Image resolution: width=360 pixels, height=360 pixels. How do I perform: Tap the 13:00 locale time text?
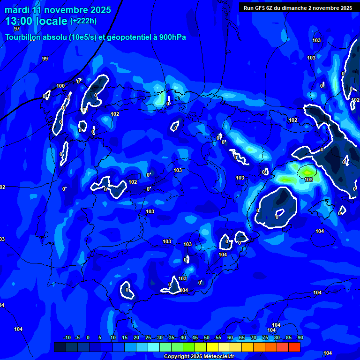[36, 21]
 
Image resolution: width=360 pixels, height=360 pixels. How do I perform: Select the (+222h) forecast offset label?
[83, 21]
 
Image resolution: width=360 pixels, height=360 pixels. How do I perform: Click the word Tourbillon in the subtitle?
[25, 37]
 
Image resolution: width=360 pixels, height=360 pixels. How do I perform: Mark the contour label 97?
[17, 29]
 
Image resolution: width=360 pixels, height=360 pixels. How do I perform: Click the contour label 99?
[45, 59]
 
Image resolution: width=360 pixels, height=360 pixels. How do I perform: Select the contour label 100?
[60, 86]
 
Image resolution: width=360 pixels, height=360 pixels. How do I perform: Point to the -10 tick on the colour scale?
[67, 338]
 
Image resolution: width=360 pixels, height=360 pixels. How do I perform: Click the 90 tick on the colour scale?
[300, 338]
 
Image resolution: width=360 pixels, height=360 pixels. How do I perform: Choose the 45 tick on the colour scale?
[195, 338]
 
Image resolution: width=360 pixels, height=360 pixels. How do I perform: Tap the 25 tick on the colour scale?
[148, 338]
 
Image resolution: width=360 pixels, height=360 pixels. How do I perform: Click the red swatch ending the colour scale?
[294, 347]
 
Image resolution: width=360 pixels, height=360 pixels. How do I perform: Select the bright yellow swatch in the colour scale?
[212, 347]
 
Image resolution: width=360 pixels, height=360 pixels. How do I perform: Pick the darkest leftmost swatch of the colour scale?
[60, 347]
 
